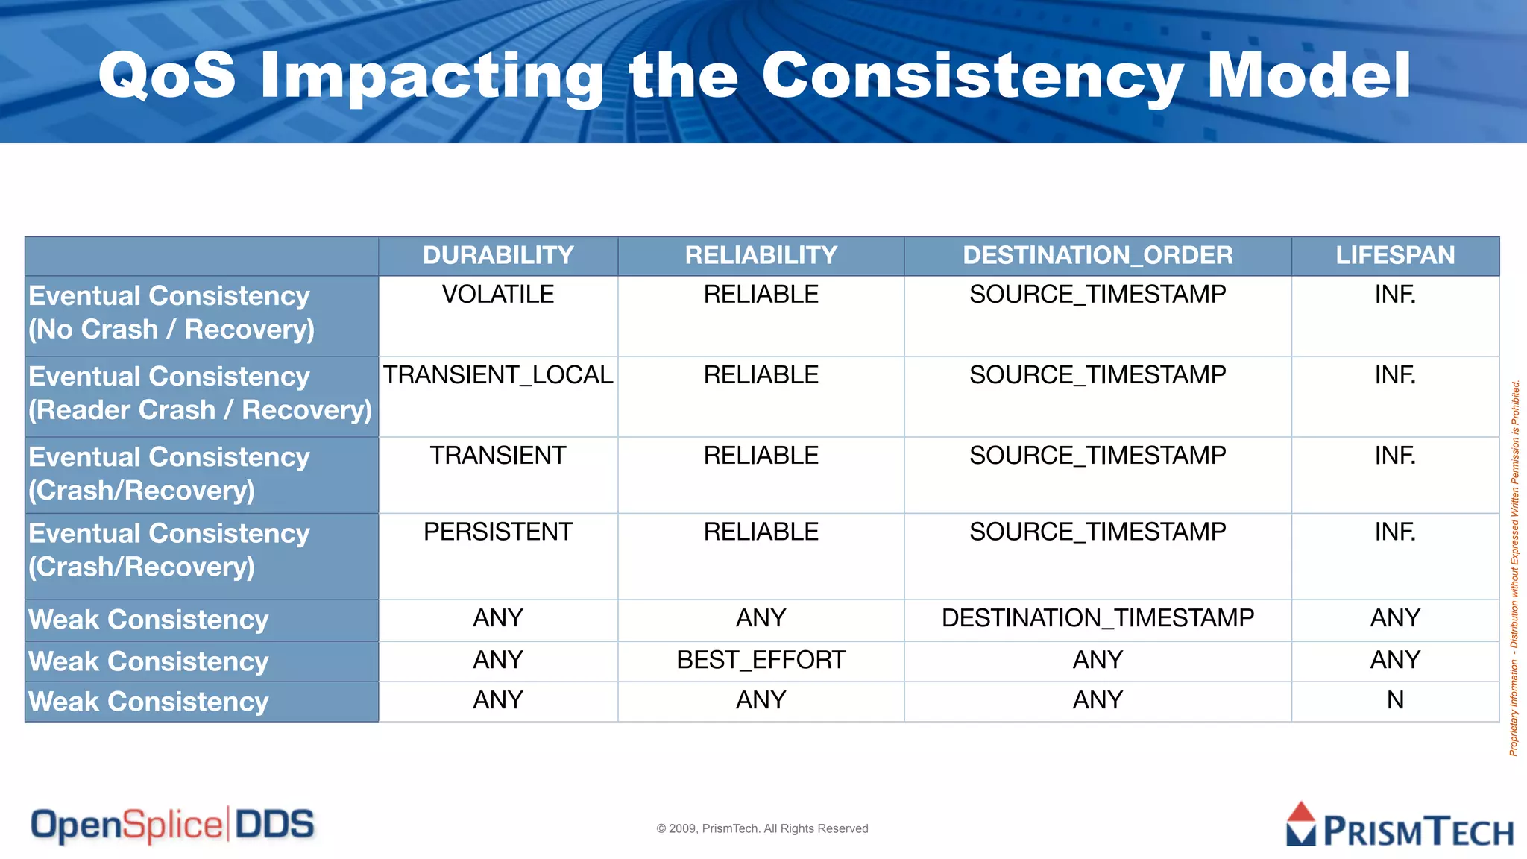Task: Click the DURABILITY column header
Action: pyautogui.click(x=498, y=255)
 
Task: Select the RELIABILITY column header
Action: pyautogui.click(x=761, y=255)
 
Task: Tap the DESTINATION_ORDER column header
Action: pyautogui.click(x=1098, y=255)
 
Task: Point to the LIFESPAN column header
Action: pyautogui.click(x=1395, y=255)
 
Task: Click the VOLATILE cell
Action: pyautogui.click(x=498, y=295)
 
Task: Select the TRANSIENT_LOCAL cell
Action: pyautogui.click(x=498, y=375)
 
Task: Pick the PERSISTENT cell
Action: pyautogui.click(x=498, y=532)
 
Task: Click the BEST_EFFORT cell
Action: pyautogui.click(x=761, y=660)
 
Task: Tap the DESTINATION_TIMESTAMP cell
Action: pyautogui.click(x=1098, y=618)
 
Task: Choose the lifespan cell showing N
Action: pyautogui.click(x=1395, y=700)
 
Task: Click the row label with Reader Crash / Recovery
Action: pyautogui.click(x=200, y=394)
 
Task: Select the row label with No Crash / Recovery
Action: pyautogui.click(x=171, y=313)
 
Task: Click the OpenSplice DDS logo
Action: pyautogui.click(x=172, y=825)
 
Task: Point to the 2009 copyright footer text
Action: pyautogui.click(x=762, y=828)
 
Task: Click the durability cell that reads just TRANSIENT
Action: pyautogui.click(x=498, y=456)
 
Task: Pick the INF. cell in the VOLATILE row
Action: pyautogui.click(x=1395, y=295)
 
